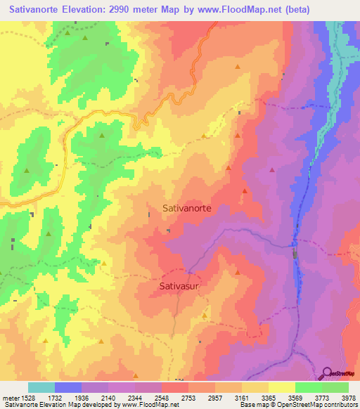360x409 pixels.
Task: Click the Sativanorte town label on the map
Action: tap(187, 209)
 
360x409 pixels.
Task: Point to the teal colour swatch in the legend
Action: tap(41, 387)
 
